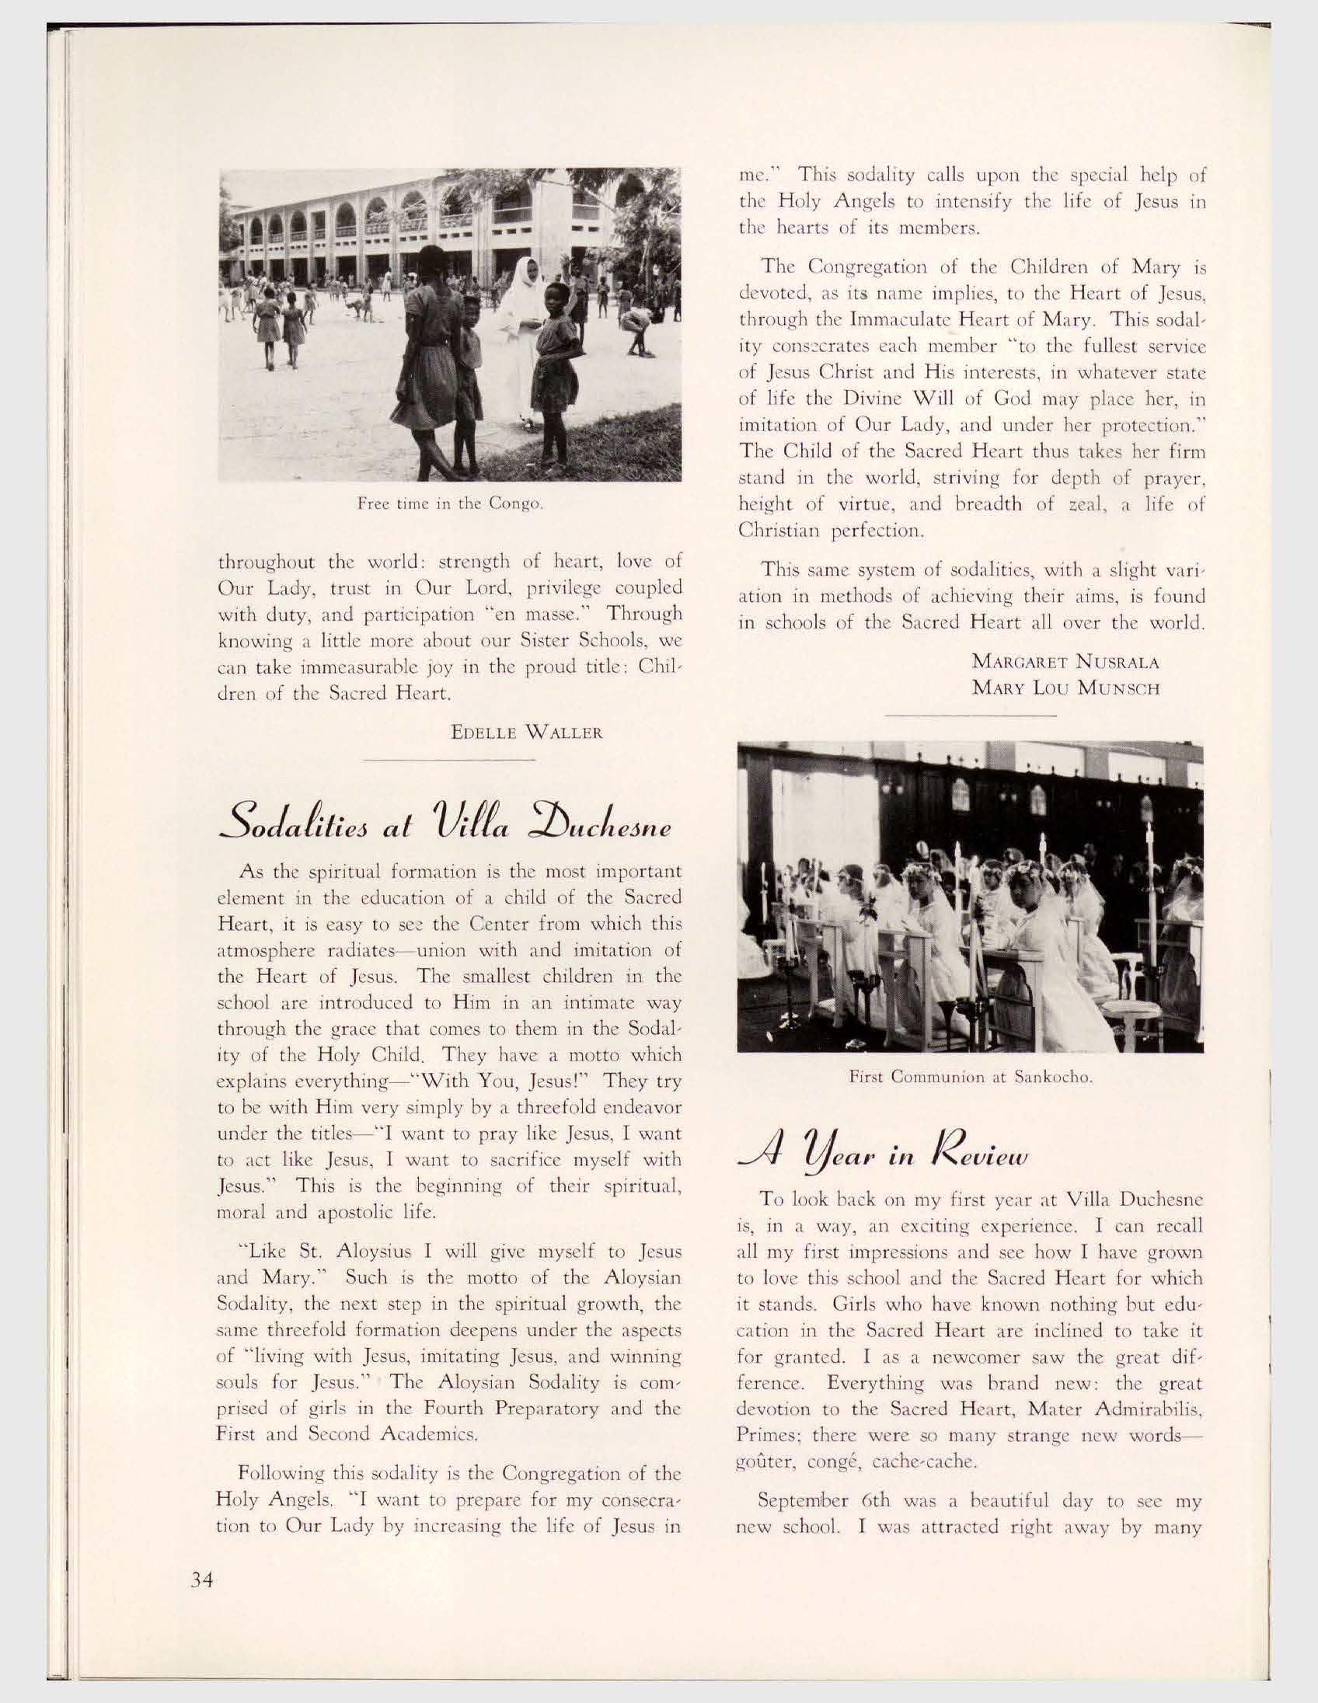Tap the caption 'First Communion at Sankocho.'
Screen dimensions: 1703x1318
[969, 1079]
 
